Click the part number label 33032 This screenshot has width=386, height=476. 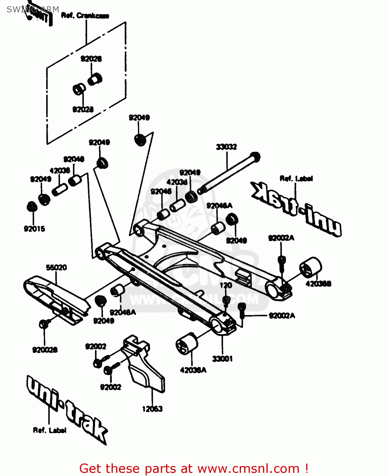pyautogui.click(x=226, y=147)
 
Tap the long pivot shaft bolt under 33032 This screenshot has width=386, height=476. pyautogui.click(x=229, y=173)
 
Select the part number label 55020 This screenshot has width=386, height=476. pyautogui.click(x=56, y=268)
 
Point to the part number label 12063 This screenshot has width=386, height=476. pyautogui.click(x=152, y=409)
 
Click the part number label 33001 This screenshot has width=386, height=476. pyautogui.click(x=222, y=359)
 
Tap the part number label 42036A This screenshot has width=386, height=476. pyautogui.click(x=193, y=370)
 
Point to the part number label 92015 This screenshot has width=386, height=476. pyautogui.click(x=34, y=229)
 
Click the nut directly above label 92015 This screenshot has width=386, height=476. pyautogui.click(x=32, y=207)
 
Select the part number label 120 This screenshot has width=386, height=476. pyautogui.click(x=226, y=285)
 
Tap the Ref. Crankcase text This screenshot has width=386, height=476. pyautogui.click(x=85, y=16)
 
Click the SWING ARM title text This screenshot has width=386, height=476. pyautogui.click(x=33, y=10)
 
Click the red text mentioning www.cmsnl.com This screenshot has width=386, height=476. pyautogui.click(x=193, y=468)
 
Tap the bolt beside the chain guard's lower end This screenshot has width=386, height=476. pyautogui.click(x=44, y=324)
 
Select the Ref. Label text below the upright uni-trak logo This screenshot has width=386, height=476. pyautogui.click(x=50, y=430)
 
